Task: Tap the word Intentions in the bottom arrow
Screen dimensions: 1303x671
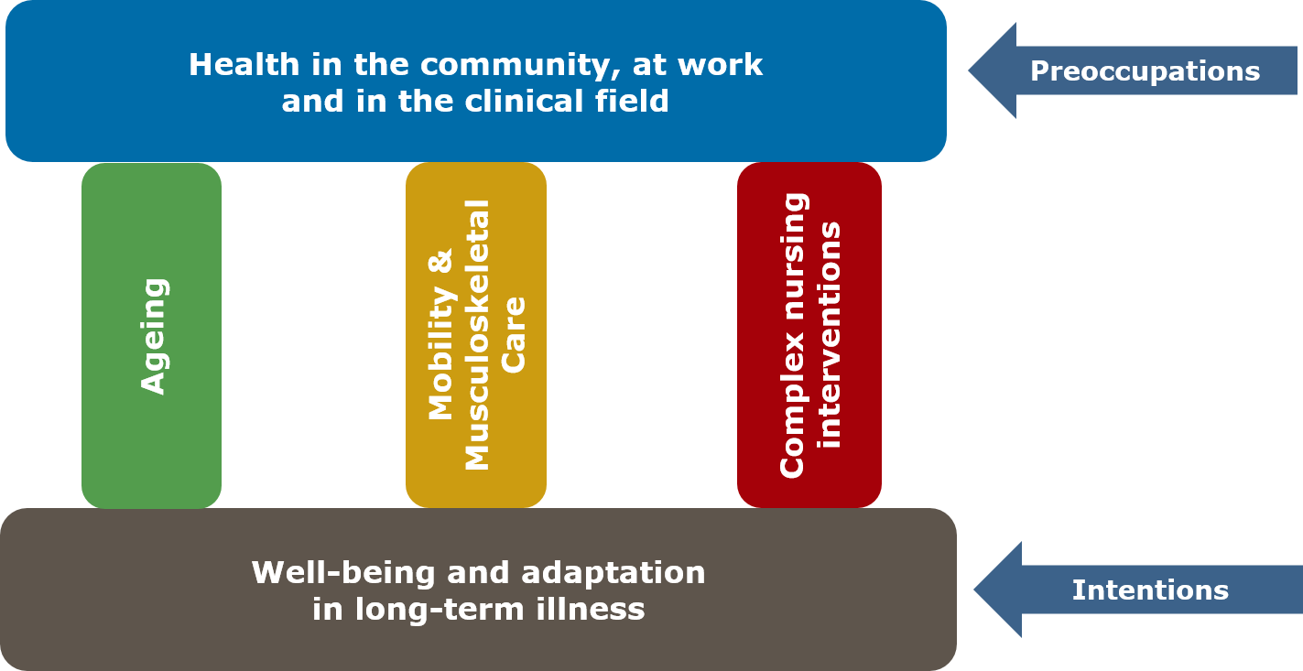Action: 1150,590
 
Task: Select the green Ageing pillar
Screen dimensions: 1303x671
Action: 151,335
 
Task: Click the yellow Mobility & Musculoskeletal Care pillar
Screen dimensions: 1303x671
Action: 476,335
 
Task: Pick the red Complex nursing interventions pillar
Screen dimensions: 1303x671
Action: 809,335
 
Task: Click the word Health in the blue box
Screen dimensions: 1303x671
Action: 244,65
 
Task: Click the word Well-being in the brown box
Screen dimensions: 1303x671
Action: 343,574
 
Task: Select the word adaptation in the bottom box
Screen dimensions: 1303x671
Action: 613,574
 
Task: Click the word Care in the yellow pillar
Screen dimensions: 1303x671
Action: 513,335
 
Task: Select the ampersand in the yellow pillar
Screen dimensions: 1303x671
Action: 440,261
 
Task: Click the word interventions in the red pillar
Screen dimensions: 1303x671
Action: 829,335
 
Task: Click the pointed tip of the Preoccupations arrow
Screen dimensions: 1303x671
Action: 969,70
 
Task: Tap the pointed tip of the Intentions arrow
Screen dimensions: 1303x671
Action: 974,590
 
